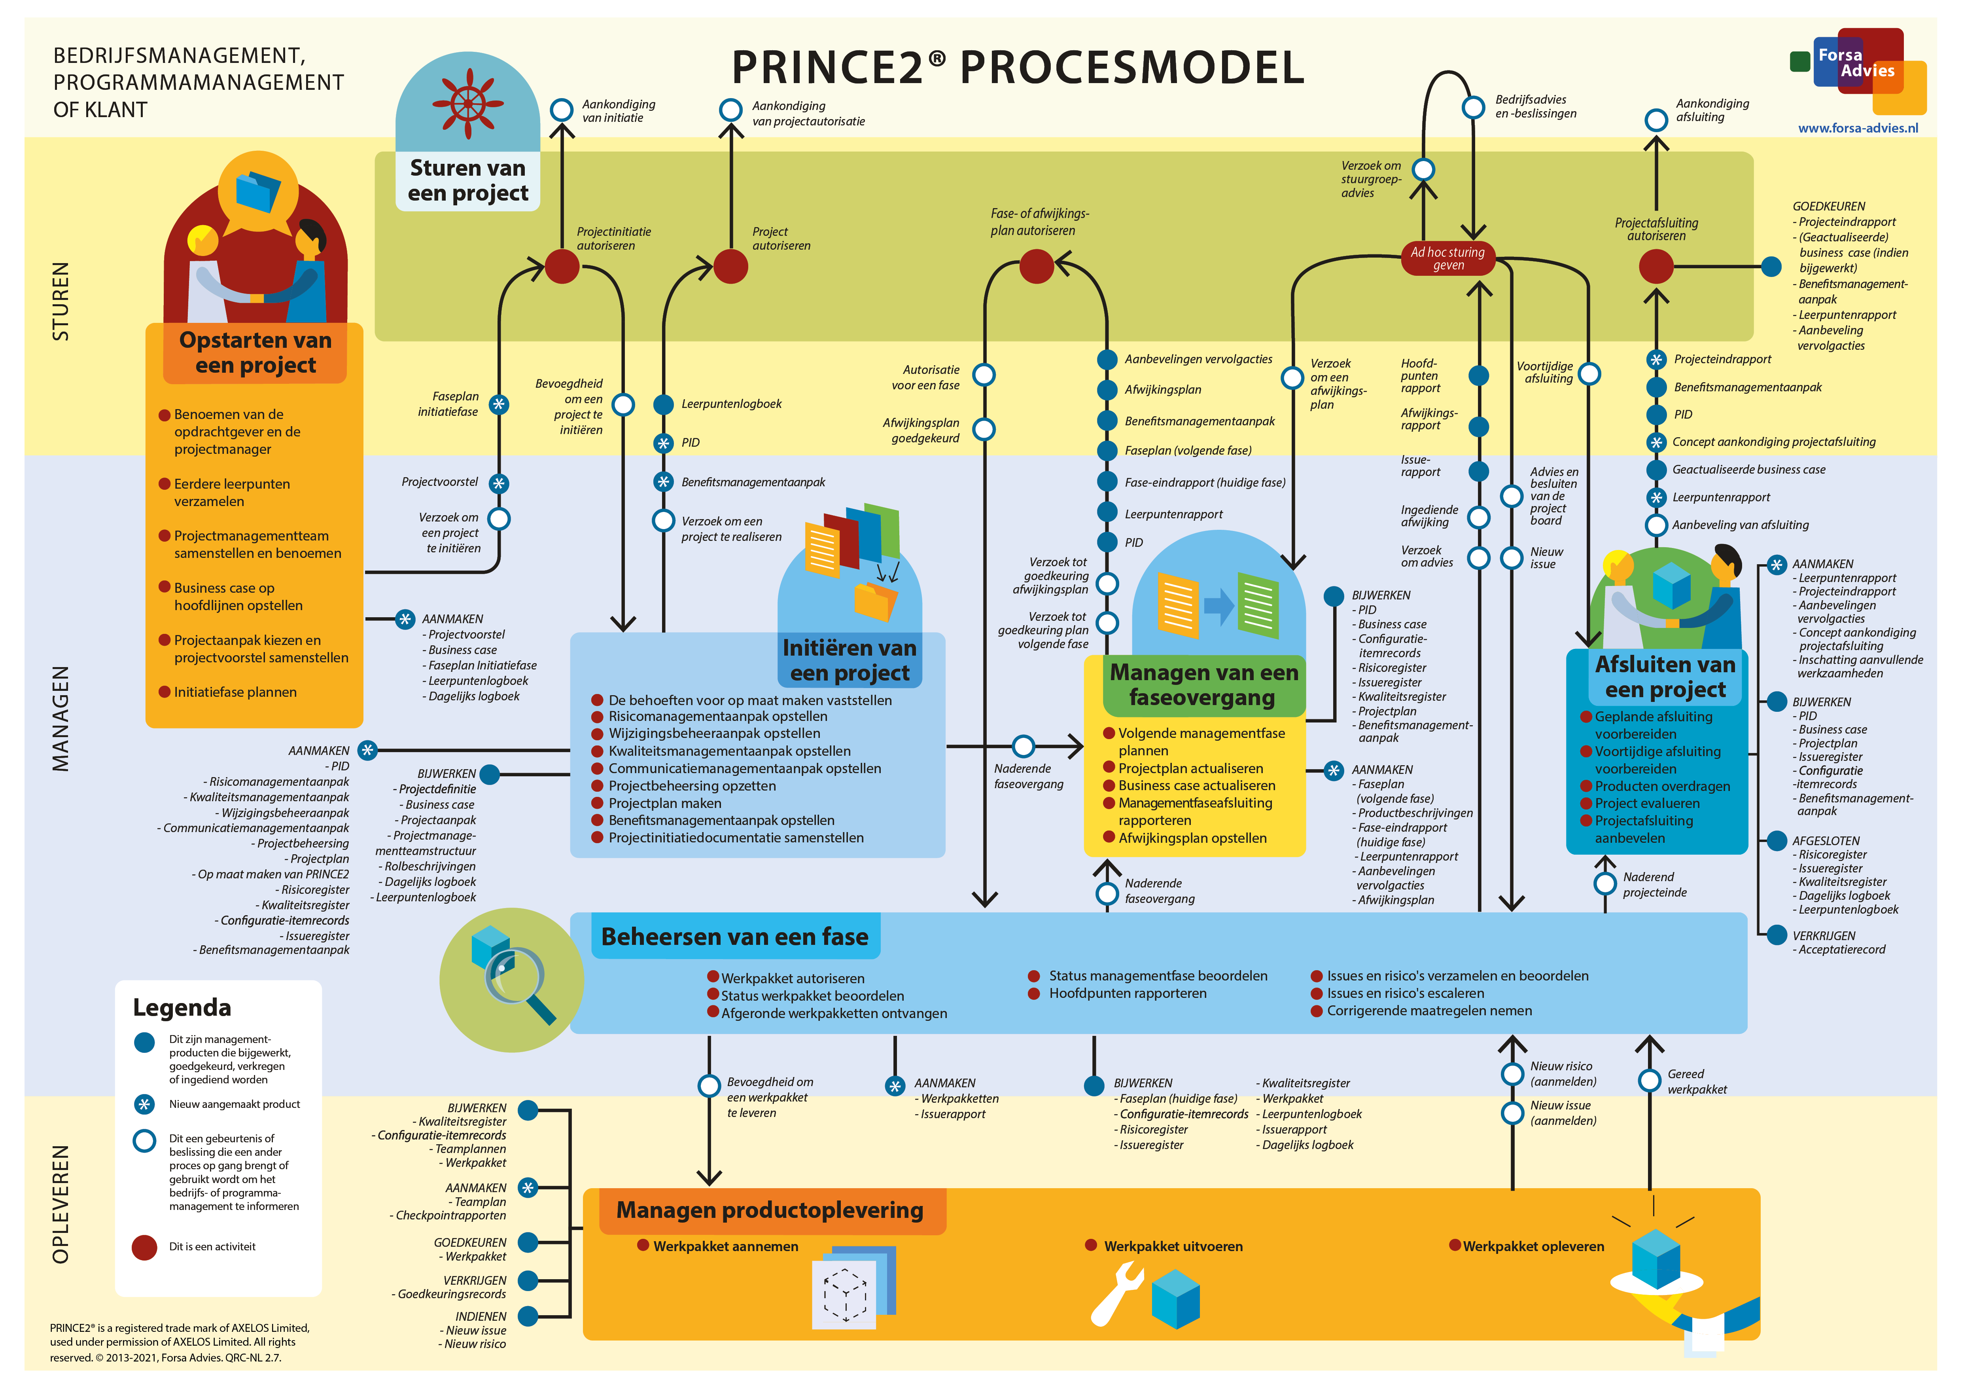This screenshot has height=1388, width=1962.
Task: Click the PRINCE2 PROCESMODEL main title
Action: click(1018, 68)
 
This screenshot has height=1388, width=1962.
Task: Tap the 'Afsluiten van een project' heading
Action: click(1665, 677)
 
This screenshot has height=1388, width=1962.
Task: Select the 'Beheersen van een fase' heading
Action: click(735, 937)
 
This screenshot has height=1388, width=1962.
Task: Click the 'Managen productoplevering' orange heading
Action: click(770, 1210)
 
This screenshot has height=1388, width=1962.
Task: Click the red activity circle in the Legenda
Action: click(144, 1247)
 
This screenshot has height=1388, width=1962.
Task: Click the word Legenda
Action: click(182, 1008)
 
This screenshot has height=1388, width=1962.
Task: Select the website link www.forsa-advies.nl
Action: click(1858, 128)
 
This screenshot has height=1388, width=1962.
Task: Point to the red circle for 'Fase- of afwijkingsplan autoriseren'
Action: click(1037, 266)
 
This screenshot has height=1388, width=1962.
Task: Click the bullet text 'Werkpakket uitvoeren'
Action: click(1173, 1246)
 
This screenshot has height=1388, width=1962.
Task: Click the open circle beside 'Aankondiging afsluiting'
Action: click(1656, 119)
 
